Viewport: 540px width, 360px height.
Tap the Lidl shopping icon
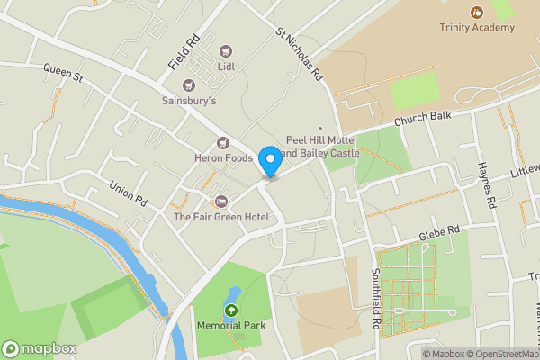click(x=225, y=51)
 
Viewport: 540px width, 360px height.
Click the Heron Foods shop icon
click(x=222, y=144)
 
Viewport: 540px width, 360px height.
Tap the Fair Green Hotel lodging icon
click(x=221, y=200)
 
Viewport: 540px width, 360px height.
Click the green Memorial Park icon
click(x=230, y=310)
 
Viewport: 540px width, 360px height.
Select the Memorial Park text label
click(x=229, y=326)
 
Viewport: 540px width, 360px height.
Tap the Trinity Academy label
click(x=476, y=28)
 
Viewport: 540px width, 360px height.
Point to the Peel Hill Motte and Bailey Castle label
click(x=322, y=147)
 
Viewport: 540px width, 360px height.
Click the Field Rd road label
click(x=183, y=53)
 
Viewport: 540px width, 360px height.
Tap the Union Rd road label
click(x=128, y=194)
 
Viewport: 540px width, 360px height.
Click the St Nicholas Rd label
click(x=299, y=56)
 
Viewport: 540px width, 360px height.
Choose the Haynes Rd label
click(x=487, y=185)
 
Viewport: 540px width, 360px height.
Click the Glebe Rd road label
click(x=439, y=231)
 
